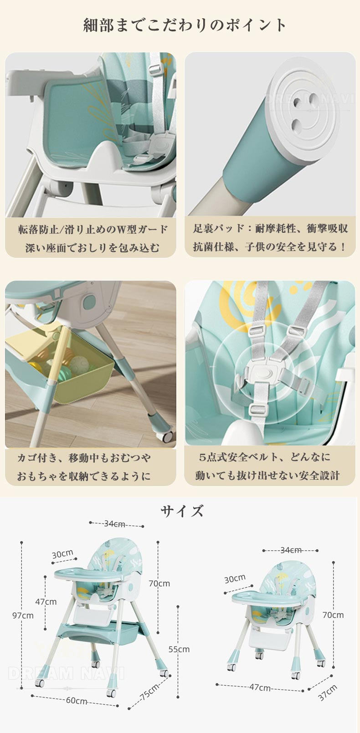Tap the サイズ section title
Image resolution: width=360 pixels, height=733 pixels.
tap(182, 511)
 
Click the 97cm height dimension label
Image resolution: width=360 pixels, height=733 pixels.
tap(23, 615)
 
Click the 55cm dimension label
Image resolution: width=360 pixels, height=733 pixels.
tap(179, 649)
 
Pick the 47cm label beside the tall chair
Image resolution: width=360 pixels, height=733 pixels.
tap(46, 602)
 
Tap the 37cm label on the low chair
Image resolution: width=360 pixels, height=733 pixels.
tap(327, 693)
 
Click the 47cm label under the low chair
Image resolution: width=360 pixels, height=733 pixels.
tap(260, 687)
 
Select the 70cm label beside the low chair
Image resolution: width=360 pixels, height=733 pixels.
tap(333, 615)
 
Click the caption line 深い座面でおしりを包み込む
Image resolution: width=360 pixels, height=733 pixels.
tap(93, 248)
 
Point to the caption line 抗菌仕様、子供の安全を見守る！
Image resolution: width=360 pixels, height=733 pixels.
tap(270, 247)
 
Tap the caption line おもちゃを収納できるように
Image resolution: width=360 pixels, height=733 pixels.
tap(84, 476)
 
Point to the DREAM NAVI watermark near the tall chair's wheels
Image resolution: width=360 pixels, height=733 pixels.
tap(66, 673)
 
